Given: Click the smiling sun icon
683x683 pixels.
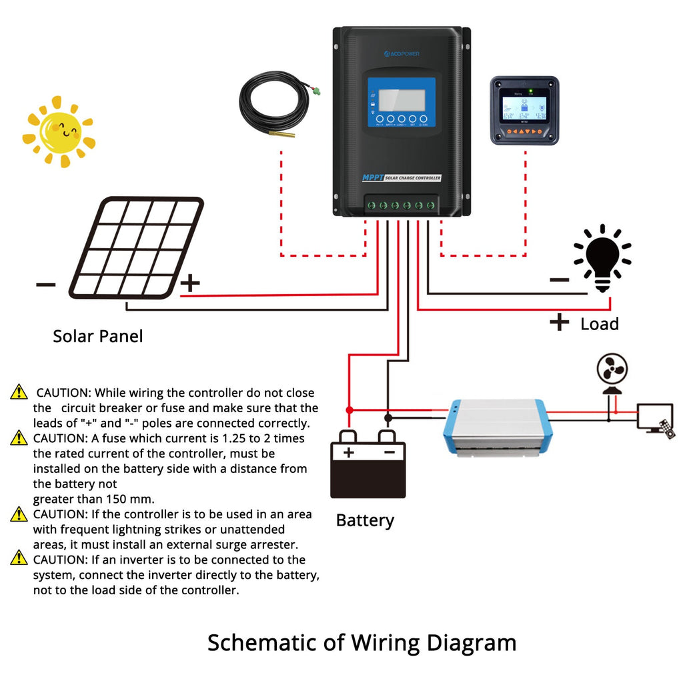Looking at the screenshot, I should (x=59, y=131).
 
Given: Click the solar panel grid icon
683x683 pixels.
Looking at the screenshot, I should (x=136, y=247).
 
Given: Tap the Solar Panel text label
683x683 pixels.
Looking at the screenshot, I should (x=98, y=336).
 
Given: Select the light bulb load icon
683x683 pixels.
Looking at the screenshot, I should (x=603, y=257).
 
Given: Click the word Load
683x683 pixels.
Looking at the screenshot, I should (x=600, y=324).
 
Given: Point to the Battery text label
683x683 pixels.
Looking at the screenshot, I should (x=365, y=520).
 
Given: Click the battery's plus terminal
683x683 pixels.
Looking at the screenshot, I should (x=348, y=452).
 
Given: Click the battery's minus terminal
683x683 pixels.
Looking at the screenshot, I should (x=388, y=452).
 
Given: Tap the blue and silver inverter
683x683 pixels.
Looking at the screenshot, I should (x=495, y=428).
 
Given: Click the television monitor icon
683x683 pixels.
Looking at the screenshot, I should (x=654, y=417).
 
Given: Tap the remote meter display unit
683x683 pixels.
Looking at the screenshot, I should (x=524, y=110).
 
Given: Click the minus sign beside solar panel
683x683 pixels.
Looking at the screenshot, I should (x=46, y=285).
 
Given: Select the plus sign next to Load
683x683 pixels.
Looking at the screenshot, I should (x=559, y=323).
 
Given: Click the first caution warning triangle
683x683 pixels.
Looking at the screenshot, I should (x=19, y=392).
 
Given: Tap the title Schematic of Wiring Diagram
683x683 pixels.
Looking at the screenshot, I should (x=362, y=643).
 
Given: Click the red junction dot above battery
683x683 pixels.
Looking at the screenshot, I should (x=348, y=410).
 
